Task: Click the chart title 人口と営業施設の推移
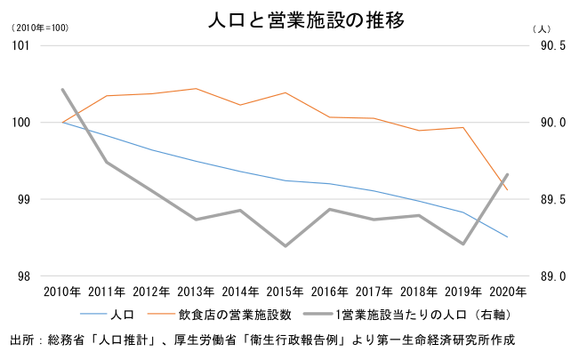[x=293, y=19]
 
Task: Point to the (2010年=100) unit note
[x=39, y=28]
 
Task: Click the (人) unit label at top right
[x=543, y=28]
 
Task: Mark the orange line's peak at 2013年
[x=196, y=89]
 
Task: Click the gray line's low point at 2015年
[x=285, y=246]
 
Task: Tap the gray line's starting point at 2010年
[x=62, y=89]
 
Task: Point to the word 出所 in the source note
[x=20, y=340]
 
